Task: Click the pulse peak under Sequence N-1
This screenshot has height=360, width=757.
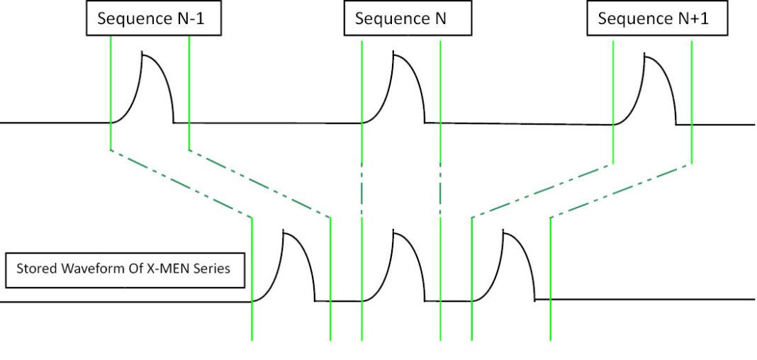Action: point(144,53)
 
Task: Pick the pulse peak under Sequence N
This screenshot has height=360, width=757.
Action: point(395,54)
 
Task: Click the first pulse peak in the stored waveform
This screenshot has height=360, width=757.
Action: point(285,232)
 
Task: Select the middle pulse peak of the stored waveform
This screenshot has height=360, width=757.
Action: point(395,232)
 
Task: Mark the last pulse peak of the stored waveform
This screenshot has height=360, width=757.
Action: point(505,232)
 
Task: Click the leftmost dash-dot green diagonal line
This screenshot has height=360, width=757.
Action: point(181,183)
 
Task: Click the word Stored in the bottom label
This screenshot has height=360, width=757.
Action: point(35,269)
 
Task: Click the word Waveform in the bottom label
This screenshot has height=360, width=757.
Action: point(93,269)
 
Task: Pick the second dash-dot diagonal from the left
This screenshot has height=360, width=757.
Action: point(259,183)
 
